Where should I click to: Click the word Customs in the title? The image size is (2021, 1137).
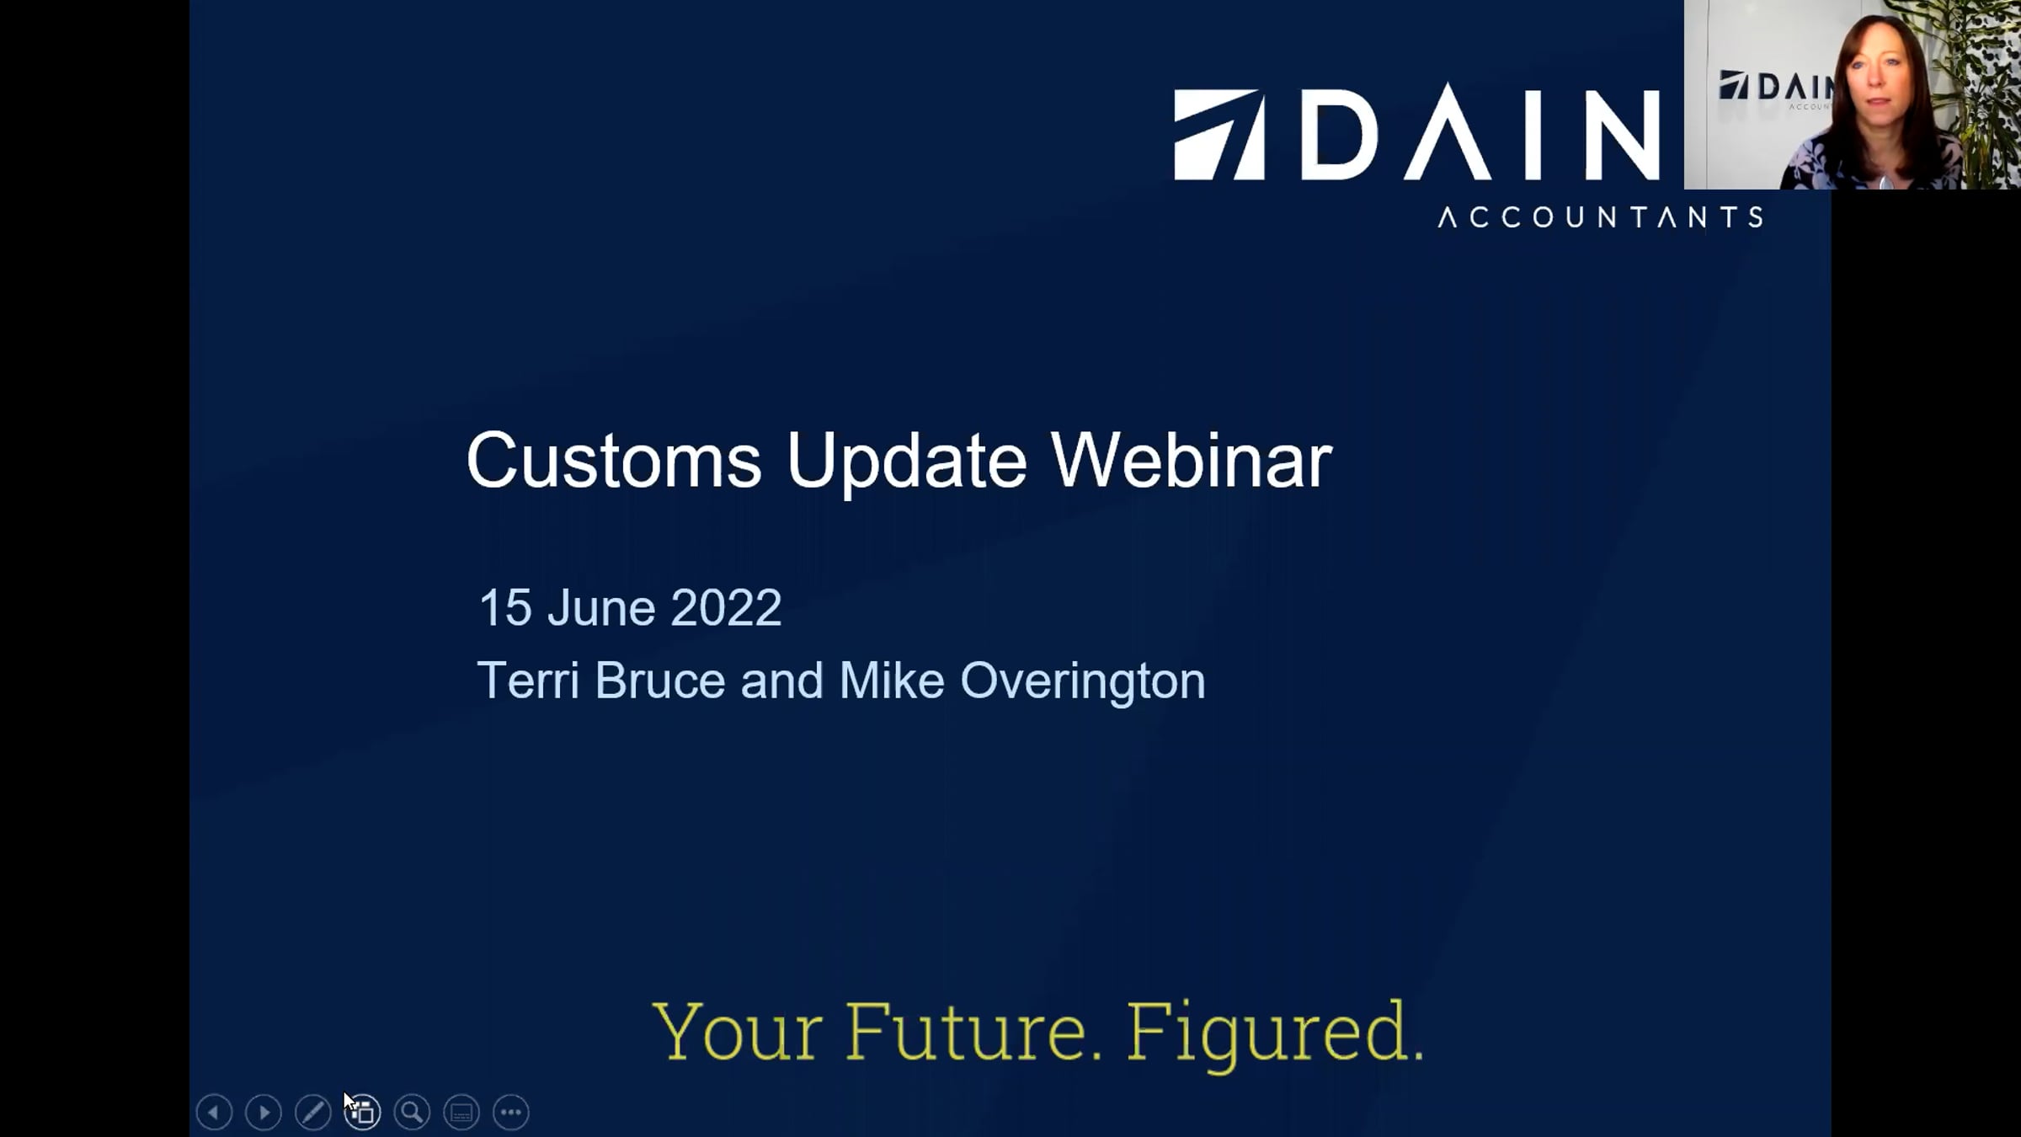614,461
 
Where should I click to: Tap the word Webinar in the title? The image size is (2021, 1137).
1191,460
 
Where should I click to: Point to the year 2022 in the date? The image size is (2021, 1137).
726,607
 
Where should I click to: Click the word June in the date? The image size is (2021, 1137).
601,607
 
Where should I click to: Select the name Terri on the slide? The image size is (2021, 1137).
528,680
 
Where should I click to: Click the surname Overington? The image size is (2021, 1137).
1083,681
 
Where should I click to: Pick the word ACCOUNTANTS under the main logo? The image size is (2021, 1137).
1600,217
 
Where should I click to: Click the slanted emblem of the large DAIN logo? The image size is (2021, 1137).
1219,135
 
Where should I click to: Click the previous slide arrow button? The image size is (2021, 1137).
214,1113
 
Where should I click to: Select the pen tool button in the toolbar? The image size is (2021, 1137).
313,1113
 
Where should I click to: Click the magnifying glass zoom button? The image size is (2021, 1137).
412,1113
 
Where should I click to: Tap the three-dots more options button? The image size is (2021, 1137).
511,1113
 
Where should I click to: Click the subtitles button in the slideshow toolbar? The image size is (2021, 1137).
461,1113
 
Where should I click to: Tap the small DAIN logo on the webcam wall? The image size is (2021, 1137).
1775,88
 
